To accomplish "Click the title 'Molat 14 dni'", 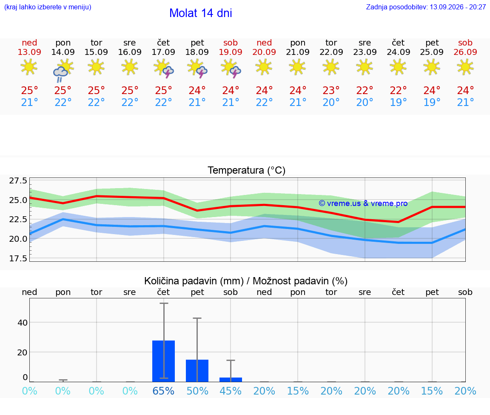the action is coord(201,13).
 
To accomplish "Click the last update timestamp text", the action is coord(426,7).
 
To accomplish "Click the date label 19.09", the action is coord(231,52).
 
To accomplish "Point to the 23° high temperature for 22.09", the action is coord(331,90).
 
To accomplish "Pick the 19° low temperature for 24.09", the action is coord(398,102).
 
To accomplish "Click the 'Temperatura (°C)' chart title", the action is coord(247,170).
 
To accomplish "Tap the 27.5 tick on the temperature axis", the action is coord(18,180).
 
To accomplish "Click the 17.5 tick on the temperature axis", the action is coord(18,258).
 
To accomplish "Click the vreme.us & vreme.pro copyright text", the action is coord(363,203).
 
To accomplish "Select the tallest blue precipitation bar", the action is coord(163,361).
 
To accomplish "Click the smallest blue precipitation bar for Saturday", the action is coord(231,380).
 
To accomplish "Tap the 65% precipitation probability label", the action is coord(163,391).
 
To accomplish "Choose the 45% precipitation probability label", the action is coord(231,391).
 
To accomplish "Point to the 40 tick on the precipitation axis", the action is coord(23,323).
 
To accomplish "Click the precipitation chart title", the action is coord(246,281).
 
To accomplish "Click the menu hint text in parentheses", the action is coord(48,7).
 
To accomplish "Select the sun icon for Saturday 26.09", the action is coord(465,67).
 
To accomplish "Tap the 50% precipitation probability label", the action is coord(197,391).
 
